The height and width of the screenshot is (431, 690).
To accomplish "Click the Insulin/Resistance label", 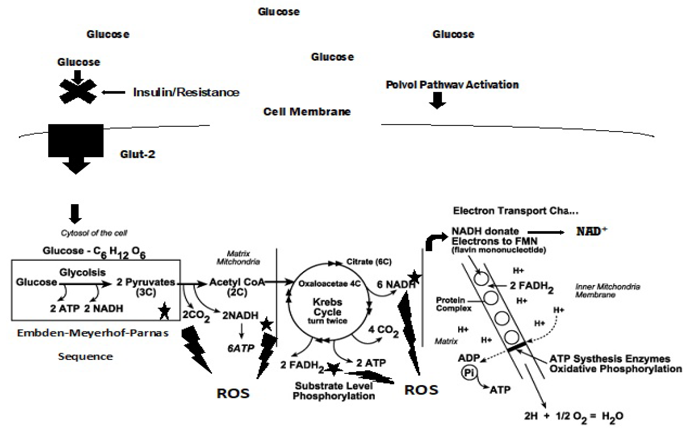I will point(186,92).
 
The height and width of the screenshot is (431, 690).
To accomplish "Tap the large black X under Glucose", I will point(78,92).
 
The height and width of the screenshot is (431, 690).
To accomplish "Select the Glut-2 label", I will point(138,154).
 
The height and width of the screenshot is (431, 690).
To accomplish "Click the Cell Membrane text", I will point(307,112).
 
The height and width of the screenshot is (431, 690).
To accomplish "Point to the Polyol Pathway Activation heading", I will point(452,85).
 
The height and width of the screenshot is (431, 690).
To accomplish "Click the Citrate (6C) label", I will point(369,262).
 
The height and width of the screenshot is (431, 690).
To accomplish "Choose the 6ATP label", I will point(241,348).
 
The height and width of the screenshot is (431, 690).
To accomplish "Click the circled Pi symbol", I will point(469,372).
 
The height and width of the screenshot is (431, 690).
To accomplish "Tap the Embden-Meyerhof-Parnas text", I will point(93,333).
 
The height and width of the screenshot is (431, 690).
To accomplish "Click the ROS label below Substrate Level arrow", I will point(421,390).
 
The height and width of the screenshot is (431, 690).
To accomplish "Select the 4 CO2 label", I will point(383,330).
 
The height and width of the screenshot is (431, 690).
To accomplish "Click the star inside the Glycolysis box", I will point(164,311).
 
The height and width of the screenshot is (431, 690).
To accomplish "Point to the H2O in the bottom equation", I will point(612,416).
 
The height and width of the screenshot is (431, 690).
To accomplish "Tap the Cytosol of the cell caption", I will point(94,233).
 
